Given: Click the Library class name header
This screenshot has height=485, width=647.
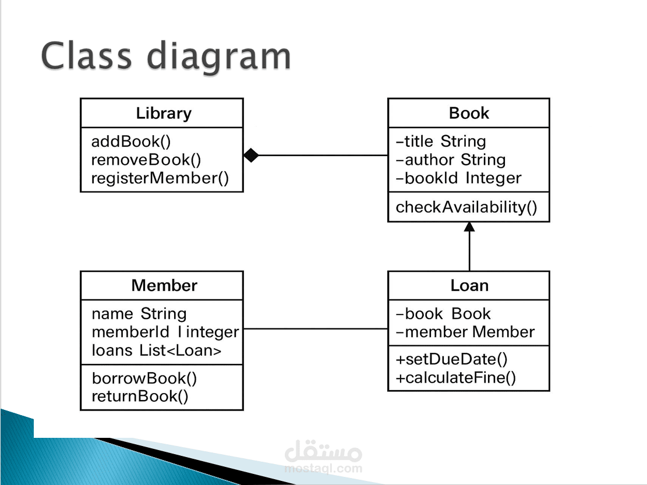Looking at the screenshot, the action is (164, 114).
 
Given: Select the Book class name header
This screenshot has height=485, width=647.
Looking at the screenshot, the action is (469, 113).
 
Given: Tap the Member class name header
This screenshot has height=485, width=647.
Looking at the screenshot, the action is (164, 285).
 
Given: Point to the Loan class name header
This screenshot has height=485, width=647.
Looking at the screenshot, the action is (469, 285).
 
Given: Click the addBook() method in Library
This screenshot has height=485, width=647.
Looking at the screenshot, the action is (131, 141).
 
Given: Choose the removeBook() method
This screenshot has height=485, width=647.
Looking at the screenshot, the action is (146, 160).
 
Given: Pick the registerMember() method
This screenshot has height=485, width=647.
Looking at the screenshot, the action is (160, 178).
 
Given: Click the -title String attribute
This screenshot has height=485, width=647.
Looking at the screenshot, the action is (441, 141).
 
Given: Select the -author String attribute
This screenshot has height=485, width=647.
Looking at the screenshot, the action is (451, 160).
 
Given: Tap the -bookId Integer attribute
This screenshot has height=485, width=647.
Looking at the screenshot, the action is (458, 178).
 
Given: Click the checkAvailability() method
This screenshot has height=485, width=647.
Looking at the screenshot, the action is (466, 207).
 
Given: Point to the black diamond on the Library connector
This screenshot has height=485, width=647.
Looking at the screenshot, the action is (252, 155).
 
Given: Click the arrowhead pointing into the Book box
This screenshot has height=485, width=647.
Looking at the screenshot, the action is (469, 226).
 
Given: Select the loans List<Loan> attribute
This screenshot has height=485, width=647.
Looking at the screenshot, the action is (157, 351).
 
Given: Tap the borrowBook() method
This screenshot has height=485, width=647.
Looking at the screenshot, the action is (144, 378).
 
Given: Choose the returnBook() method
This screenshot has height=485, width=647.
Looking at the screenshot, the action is (140, 397).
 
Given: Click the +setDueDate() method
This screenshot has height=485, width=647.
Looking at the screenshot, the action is (451, 359).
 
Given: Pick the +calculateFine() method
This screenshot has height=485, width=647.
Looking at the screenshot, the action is (455, 378).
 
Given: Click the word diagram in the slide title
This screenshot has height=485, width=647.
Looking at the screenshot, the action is (219, 56).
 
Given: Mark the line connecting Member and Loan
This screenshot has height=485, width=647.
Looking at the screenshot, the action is (316, 329).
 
